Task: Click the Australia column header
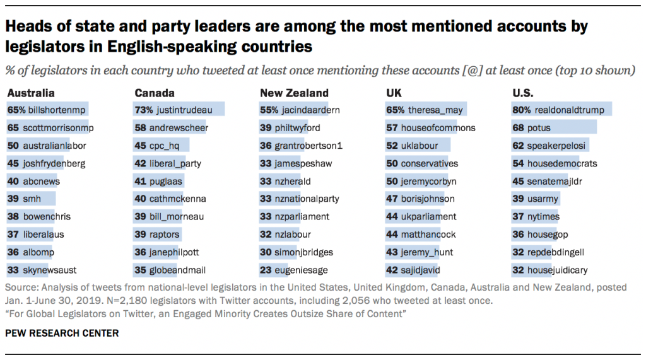pyautogui.click(x=31, y=93)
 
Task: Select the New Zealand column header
pyautogui.click(x=294, y=93)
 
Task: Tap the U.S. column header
pyautogui.click(x=522, y=93)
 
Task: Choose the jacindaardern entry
pyautogui.click(x=311, y=110)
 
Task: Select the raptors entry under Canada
pyautogui.click(x=164, y=235)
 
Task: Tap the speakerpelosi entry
pyautogui.click(x=556, y=146)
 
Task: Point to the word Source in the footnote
pyautogui.click(x=21, y=287)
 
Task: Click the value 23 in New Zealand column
pyautogui.click(x=266, y=270)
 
